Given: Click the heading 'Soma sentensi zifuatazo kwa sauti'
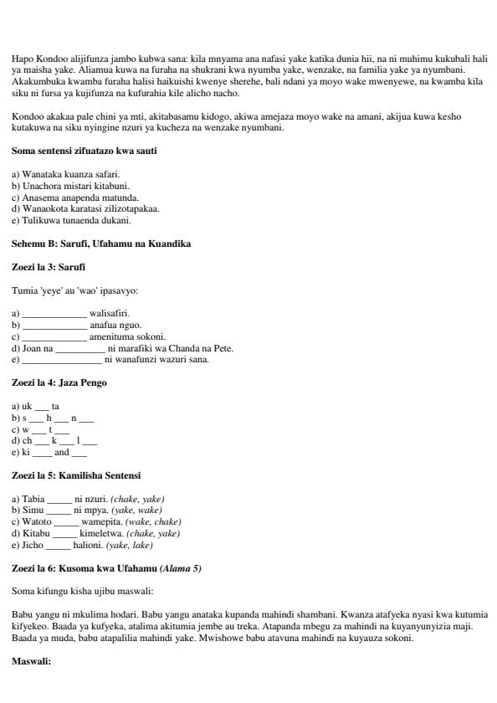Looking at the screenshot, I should [x=85, y=151].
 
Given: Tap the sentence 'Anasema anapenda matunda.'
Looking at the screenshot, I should [x=75, y=198].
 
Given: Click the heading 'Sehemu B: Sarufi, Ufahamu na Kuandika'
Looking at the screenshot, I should [x=101, y=244].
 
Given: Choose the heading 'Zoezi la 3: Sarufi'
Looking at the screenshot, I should [x=49, y=266].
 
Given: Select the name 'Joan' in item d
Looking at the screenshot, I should [x=32, y=348].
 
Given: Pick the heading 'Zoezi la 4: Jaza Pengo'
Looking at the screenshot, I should [x=59, y=382].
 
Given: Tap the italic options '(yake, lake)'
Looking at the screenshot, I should [x=130, y=545].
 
